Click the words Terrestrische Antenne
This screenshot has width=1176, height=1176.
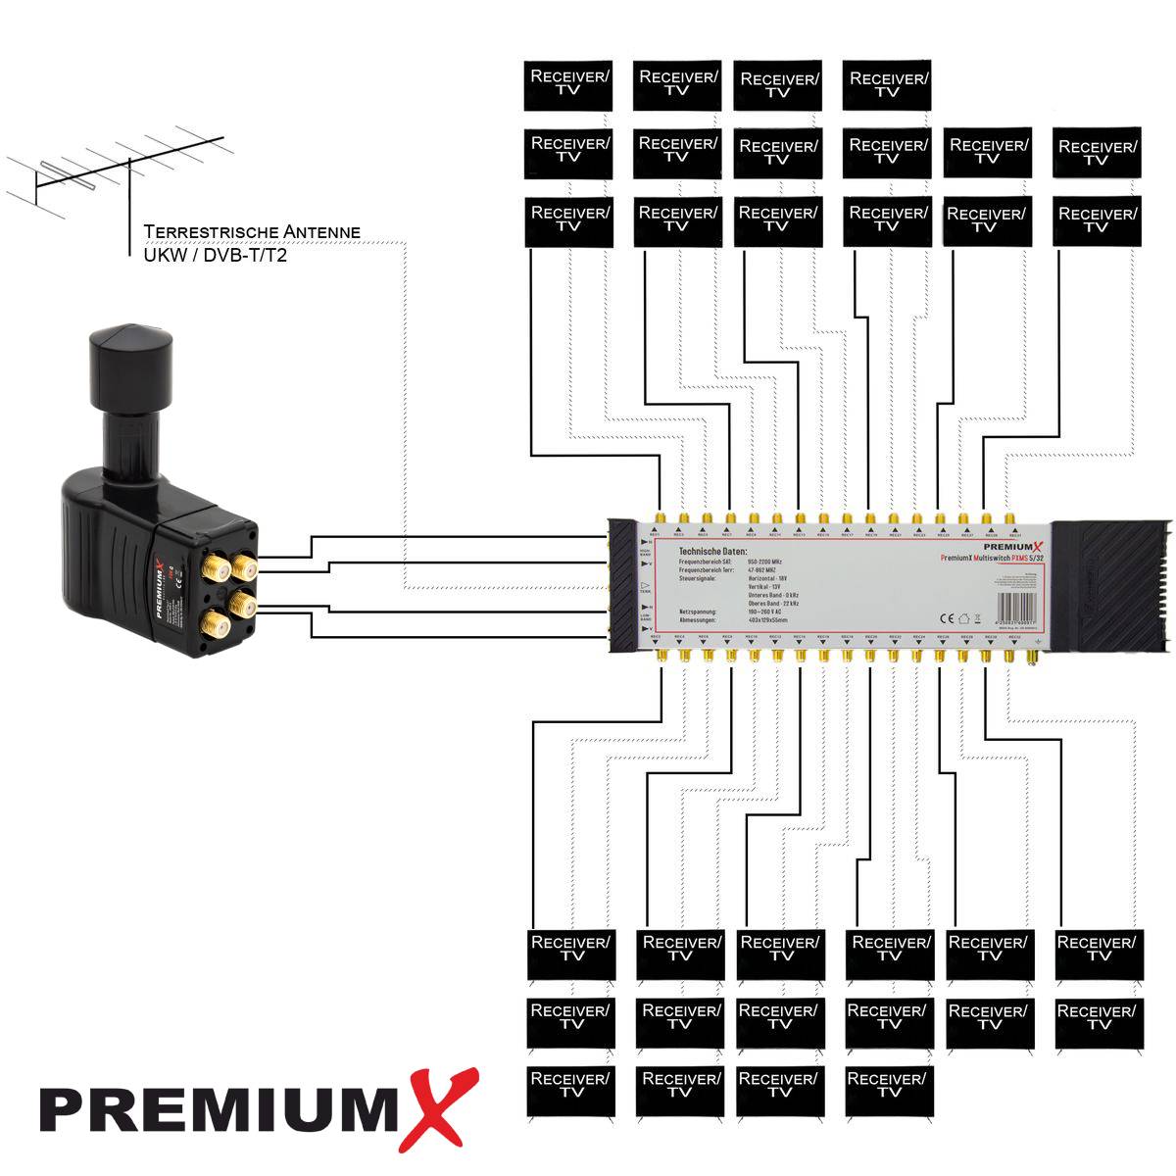252,232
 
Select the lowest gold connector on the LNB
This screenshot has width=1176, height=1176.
213,623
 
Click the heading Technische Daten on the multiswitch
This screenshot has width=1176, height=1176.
712,552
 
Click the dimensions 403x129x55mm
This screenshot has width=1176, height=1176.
767,620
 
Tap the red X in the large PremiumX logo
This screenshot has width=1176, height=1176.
436,1107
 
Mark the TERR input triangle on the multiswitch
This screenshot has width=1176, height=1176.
645,583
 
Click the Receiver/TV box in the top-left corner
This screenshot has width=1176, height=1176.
568,85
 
